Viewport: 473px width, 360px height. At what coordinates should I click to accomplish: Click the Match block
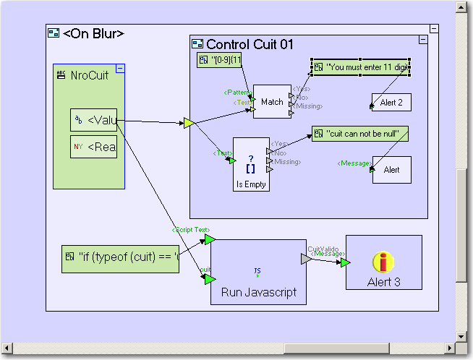pyautogui.click(x=271, y=102)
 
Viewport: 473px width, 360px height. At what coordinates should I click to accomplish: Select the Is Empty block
pyautogui.click(x=251, y=165)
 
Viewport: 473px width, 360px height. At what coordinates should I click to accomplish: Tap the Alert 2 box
pyautogui.click(x=391, y=103)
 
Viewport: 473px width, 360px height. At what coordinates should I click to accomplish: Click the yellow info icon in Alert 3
pyautogui.click(x=383, y=262)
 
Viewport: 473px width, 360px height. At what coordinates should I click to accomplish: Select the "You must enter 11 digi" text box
pyautogui.click(x=361, y=67)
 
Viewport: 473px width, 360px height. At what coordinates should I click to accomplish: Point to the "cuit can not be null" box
pyautogui.click(x=359, y=134)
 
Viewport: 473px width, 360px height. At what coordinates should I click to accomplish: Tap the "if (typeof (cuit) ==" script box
pyautogui.click(x=120, y=257)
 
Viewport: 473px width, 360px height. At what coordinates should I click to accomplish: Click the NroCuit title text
pyautogui.click(x=90, y=75)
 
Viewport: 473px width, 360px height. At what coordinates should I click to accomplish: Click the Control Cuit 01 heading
pyautogui.click(x=250, y=45)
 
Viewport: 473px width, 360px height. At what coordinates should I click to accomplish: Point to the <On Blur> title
pyautogui.click(x=93, y=33)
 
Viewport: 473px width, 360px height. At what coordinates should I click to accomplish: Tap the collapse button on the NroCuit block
pyautogui.click(x=120, y=69)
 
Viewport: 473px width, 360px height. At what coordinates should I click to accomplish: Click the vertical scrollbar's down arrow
pyautogui.click(x=461, y=336)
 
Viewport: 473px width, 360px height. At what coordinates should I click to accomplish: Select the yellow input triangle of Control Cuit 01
pyautogui.click(x=188, y=124)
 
